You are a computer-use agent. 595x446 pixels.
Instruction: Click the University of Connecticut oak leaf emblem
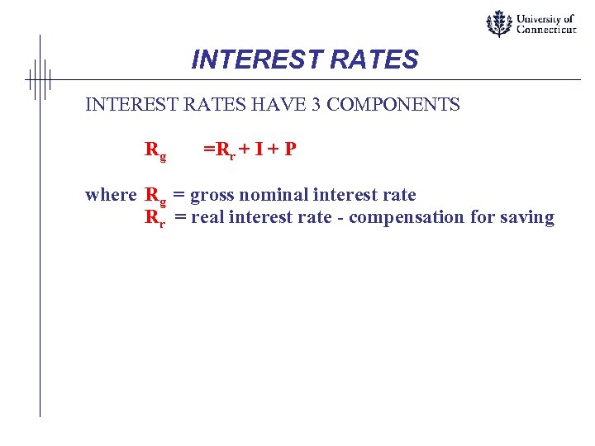[x=498, y=23]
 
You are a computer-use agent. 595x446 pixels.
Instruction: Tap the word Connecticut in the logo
[x=546, y=30]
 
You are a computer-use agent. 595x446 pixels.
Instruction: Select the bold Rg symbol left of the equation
[x=155, y=150]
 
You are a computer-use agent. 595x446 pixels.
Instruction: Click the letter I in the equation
[x=259, y=149]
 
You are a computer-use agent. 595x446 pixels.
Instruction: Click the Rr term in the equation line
[x=226, y=150]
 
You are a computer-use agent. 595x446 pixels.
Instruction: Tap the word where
[x=111, y=195]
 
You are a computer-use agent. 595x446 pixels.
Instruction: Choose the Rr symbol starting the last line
[x=155, y=218]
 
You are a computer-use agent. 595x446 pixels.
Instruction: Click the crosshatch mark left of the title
[x=38, y=79]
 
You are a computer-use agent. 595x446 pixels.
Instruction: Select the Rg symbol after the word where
[x=155, y=196]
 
